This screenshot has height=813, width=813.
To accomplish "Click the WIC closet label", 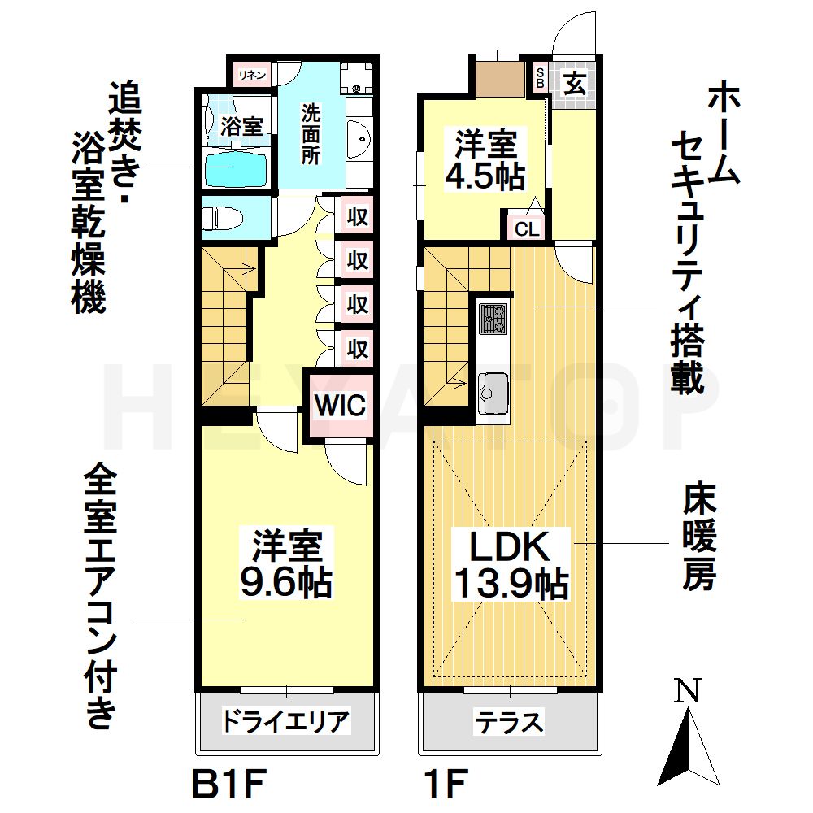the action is point(340,405).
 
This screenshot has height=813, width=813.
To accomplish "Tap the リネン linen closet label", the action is point(252,75).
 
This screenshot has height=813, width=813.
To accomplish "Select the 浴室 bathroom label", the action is point(241,126).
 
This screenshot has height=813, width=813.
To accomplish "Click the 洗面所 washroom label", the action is point(311,134).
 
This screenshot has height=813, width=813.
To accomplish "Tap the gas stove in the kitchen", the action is point(493,319).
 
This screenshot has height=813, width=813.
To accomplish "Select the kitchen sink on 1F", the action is point(493,393).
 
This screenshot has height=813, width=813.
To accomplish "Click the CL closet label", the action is point(528,228).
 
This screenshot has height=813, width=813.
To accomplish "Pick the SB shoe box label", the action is point(540,77).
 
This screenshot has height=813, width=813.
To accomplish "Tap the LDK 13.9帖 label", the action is point(511,565).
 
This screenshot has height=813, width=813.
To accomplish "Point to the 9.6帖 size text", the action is point(285,583).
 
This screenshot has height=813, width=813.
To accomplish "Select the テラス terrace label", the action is point(509,722).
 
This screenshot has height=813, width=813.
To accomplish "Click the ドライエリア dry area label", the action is point(286,721).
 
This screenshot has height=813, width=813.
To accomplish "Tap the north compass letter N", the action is point(688,690).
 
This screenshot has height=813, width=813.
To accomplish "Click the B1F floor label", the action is point(228,785).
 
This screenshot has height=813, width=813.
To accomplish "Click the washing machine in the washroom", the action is point(357,78).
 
